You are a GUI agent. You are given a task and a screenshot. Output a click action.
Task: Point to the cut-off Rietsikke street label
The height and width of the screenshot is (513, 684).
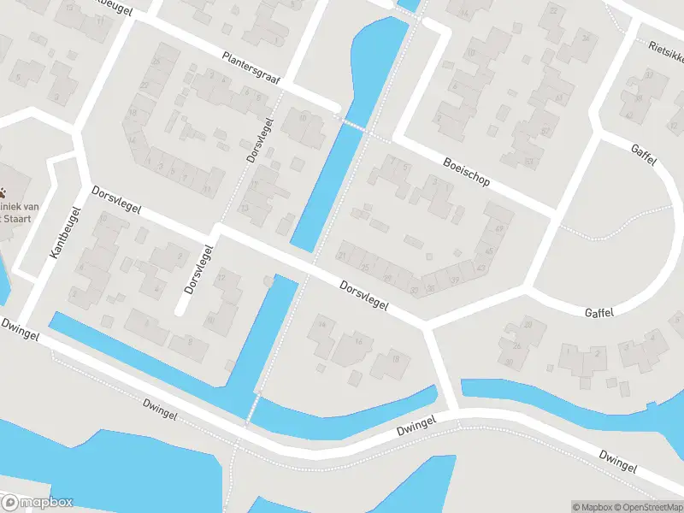[665, 53]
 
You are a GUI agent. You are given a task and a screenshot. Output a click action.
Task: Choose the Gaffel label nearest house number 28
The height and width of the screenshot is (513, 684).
[599, 313]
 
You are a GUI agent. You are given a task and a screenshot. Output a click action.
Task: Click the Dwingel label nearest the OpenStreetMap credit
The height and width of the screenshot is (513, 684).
[617, 463]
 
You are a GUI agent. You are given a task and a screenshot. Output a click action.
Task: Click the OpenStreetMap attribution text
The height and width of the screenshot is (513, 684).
[646, 506]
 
